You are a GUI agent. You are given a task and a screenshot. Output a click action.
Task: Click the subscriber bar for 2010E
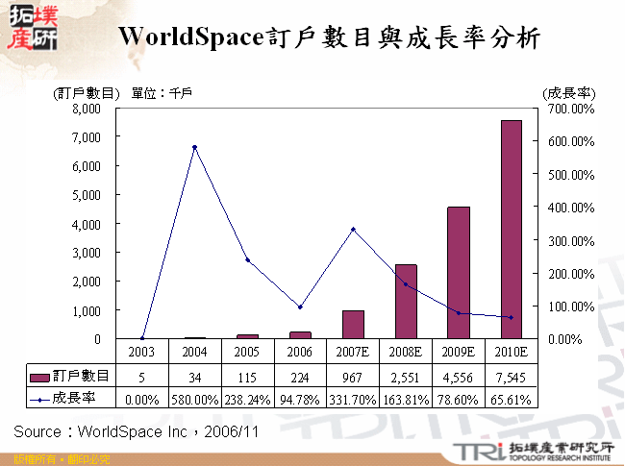click(511, 231)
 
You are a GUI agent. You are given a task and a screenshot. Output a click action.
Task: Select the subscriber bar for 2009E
click(459, 273)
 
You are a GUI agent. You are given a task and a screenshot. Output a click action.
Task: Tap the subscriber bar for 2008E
click(406, 302)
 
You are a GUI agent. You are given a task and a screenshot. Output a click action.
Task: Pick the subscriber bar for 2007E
click(353, 325)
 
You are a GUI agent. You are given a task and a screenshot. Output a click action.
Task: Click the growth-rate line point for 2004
click(194, 147)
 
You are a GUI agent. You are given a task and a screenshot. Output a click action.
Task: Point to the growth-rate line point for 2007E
click(353, 229)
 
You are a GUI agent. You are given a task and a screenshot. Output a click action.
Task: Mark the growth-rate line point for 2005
click(247, 260)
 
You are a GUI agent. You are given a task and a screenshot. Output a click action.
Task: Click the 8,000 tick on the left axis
click(86, 109)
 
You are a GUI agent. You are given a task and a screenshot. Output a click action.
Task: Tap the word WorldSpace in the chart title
click(188, 37)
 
